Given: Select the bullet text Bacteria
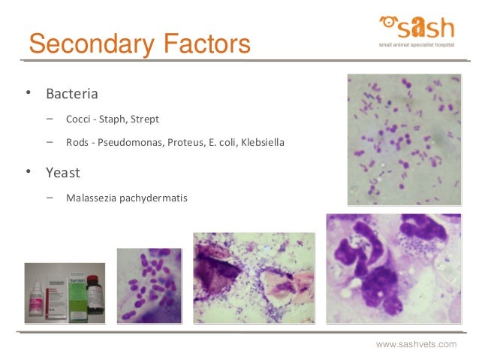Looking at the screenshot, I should (x=72, y=95).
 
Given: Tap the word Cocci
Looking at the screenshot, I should (x=80, y=119).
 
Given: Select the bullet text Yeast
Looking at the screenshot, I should (x=63, y=173).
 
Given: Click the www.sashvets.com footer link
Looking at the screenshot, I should (x=416, y=344).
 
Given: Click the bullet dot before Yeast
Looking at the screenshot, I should (x=27, y=172).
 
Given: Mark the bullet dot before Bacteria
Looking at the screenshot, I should (x=27, y=94).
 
